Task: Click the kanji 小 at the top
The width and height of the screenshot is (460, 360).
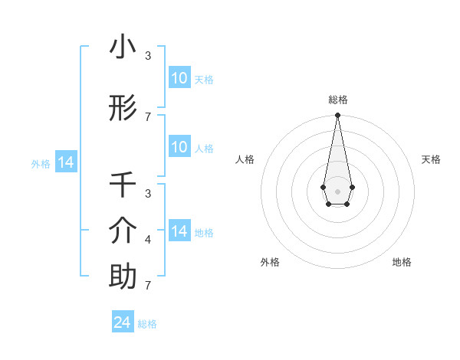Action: (123, 47)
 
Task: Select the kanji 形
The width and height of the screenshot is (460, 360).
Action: (123, 109)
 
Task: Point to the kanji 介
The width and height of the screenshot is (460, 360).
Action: (123, 231)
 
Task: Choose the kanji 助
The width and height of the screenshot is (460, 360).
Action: (123, 277)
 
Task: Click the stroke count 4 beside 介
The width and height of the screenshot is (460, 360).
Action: (148, 240)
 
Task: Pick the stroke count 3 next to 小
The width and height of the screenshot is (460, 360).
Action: (148, 56)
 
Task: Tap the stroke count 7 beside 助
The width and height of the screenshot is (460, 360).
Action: (148, 286)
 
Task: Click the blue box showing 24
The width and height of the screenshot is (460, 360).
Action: (123, 322)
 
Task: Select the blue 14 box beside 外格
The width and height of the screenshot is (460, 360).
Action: (65, 162)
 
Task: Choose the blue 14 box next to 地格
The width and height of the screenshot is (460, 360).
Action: (179, 231)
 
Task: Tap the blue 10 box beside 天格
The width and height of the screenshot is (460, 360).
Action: (179, 77)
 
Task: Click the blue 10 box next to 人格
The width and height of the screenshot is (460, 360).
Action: (179, 146)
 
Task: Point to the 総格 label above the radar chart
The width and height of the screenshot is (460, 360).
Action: (337, 100)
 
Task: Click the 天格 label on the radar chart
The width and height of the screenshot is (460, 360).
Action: (431, 159)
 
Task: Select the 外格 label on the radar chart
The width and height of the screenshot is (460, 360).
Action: (270, 262)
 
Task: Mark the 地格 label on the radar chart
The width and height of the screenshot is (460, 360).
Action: (402, 262)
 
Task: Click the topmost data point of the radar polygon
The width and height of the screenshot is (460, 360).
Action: (337, 116)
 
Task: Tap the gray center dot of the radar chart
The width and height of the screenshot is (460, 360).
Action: (337, 191)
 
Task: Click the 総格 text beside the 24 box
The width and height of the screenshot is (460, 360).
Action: (147, 324)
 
